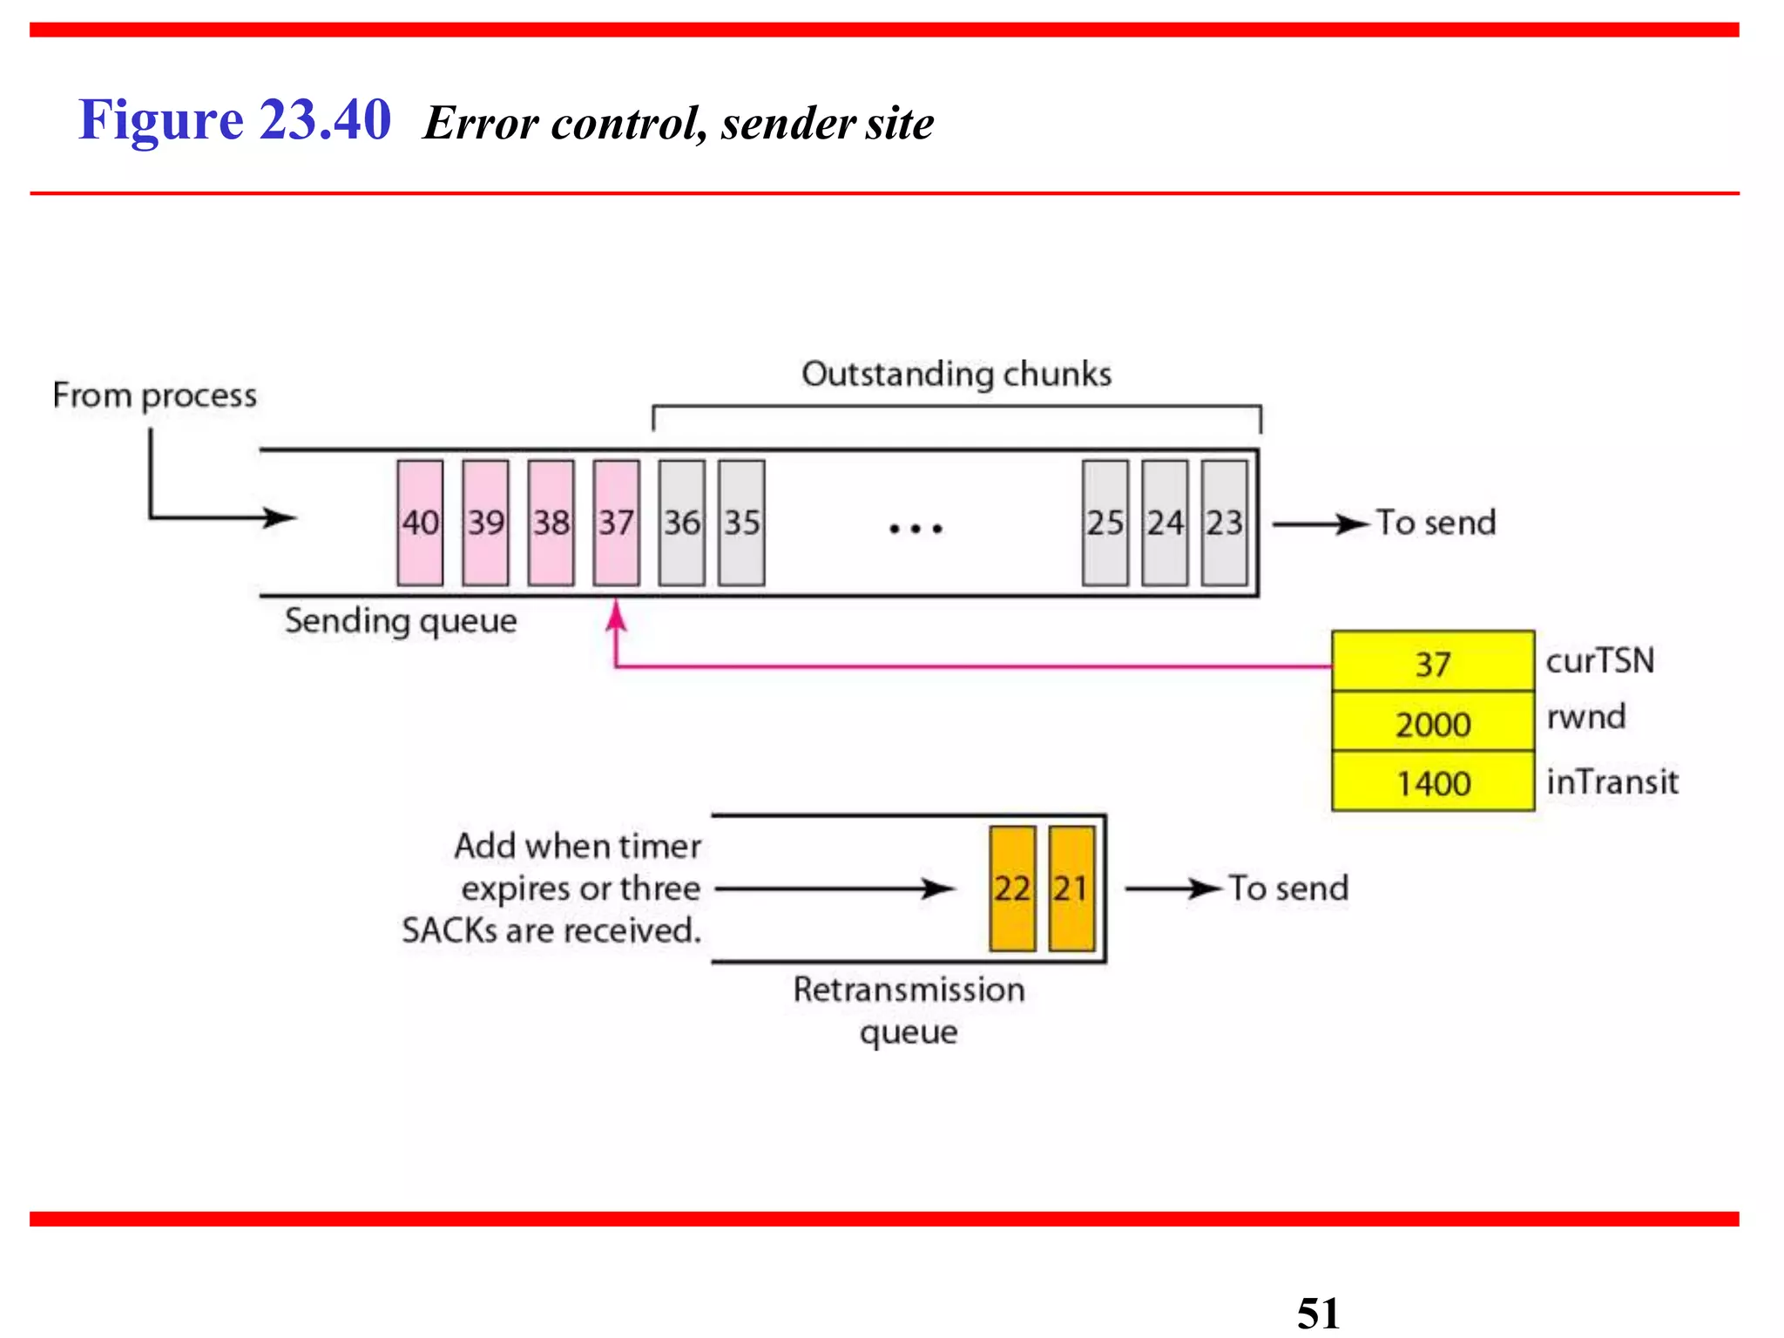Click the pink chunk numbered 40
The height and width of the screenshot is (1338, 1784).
pyautogui.click(x=420, y=523)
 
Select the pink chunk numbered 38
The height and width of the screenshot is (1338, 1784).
pyautogui.click(x=551, y=523)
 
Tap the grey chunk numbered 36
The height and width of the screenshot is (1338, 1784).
pyautogui.click(x=682, y=523)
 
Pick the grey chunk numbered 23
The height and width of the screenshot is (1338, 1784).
pyautogui.click(x=1224, y=523)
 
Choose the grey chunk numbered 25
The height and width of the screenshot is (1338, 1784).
pyautogui.click(x=1105, y=523)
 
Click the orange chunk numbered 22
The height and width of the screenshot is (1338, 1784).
pyautogui.click(x=1012, y=889)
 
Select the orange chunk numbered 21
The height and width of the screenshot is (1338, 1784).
pyautogui.click(x=1071, y=889)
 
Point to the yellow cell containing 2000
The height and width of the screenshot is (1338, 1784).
pyautogui.click(x=1433, y=723)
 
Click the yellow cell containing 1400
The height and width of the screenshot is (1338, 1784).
pyautogui.click(x=1433, y=782)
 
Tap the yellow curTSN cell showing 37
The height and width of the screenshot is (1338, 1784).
pyautogui.click(x=1433, y=664)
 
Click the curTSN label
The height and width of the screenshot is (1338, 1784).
pyautogui.click(x=1600, y=660)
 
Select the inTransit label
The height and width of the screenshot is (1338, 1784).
pyautogui.click(x=1612, y=781)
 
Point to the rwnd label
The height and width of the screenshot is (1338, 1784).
pyautogui.click(x=1586, y=717)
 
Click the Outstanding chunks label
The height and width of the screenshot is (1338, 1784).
pyautogui.click(x=956, y=374)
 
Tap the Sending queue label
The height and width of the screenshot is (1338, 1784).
pyautogui.click(x=401, y=621)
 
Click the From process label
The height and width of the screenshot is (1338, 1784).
pyautogui.click(x=155, y=395)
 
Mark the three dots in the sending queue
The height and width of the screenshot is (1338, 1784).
pyautogui.click(x=916, y=528)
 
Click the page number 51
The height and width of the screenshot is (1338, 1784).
pyautogui.click(x=1318, y=1312)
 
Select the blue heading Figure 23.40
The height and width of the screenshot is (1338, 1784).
pyautogui.click(x=234, y=119)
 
